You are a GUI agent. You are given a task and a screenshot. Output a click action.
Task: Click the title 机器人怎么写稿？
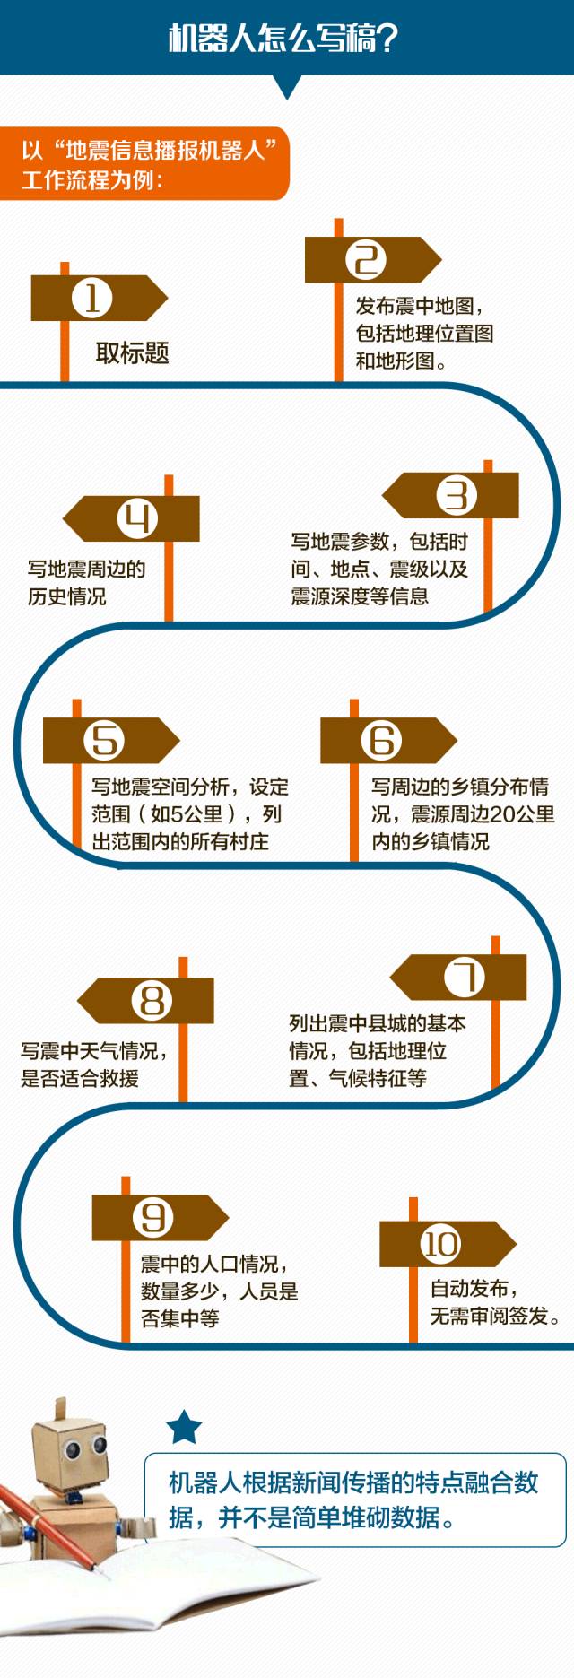[283, 39]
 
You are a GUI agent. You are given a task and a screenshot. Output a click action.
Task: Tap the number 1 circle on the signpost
[91, 298]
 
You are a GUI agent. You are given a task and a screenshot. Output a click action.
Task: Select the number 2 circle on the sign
[365, 260]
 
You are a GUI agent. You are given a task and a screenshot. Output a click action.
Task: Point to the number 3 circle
[457, 495]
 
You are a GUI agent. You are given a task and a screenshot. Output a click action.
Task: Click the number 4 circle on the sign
[137, 518]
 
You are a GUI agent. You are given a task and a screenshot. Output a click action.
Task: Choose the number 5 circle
[104, 741]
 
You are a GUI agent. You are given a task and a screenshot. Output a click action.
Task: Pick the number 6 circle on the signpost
[381, 741]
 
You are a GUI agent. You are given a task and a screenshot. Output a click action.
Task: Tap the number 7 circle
[465, 977]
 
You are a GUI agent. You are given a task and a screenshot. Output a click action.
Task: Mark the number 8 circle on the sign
[152, 1000]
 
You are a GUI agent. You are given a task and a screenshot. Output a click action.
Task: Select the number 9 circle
[152, 1217]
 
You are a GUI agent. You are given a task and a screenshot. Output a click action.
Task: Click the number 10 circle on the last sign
[440, 1244]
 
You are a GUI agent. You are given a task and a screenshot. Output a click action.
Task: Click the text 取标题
[133, 353]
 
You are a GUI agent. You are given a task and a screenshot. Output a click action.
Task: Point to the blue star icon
[185, 1427]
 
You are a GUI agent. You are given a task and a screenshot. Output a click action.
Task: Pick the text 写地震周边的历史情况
[86, 582]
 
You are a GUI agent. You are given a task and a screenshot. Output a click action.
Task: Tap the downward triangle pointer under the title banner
[287, 87]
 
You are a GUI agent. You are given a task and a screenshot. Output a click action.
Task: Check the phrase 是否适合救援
[80, 1078]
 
